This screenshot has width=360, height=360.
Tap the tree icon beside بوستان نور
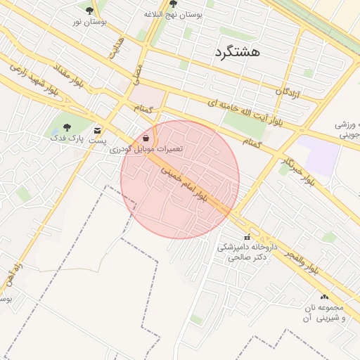[x=89, y=11]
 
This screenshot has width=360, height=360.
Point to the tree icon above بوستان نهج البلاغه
[x=173, y=4]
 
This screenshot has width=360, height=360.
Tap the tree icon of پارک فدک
[x=67, y=127]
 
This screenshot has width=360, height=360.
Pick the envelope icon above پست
[x=97, y=130]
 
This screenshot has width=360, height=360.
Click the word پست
[x=97, y=141]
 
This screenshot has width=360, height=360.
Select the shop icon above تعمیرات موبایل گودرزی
[x=146, y=139]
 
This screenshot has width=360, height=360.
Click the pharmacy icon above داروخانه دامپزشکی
[x=247, y=237]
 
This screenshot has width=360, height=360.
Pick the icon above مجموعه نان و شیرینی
[x=324, y=297]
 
